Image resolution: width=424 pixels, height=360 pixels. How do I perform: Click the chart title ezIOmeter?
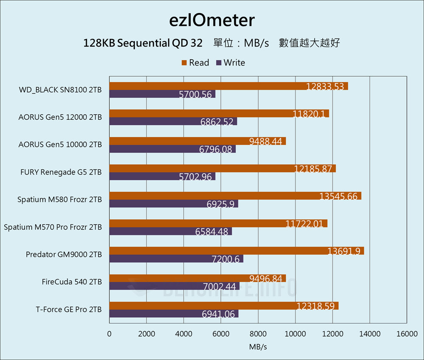point(212,20)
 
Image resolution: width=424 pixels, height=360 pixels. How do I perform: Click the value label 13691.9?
point(344,251)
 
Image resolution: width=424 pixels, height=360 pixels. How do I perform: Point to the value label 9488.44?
point(265,141)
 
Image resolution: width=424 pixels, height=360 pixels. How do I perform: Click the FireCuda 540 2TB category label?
point(72,282)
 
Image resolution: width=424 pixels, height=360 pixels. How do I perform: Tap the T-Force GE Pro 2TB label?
point(69,310)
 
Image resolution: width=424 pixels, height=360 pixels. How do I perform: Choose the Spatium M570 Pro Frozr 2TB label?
point(53,227)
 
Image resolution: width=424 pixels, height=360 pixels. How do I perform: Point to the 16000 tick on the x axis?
point(407,334)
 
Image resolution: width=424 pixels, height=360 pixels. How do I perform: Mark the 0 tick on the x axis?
point(109,334)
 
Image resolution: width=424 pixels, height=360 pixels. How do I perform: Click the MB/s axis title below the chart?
point(258,347)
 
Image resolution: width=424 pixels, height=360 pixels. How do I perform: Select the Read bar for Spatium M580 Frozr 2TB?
point(212,196)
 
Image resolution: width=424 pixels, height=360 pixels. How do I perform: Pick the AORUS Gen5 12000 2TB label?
point(60,117)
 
